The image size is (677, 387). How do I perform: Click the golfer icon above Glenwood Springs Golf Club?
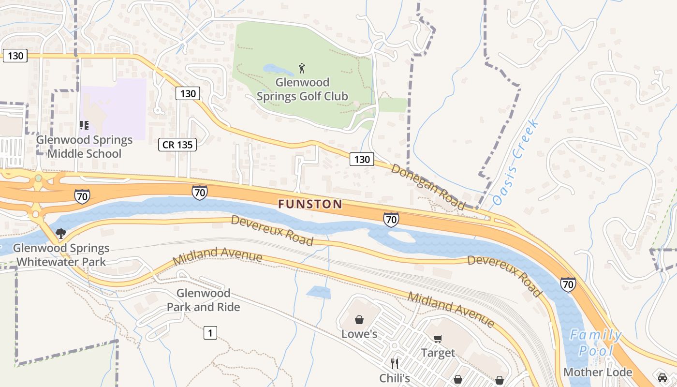click(x=302, y=68)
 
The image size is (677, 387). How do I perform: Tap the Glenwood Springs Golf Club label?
click(x=302, y=89)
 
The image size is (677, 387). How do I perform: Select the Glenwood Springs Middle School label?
click(x=85, y=147)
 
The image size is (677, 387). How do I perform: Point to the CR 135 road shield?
click(x=177, y=144)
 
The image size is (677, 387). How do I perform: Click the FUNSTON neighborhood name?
click(x=310, y=204)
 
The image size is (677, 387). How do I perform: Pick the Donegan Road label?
click(x=428, y=187)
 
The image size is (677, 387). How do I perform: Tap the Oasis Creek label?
click(x=516, y=163)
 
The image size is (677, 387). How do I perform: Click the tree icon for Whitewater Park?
click(x=61, y=234)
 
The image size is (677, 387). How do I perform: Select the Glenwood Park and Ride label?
click(x=204, y=300)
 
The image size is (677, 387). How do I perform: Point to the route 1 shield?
click(x=210, y=333)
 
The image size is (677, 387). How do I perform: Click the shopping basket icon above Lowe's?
click(x=359, y=320)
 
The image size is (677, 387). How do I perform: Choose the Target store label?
click(x=438, y=353)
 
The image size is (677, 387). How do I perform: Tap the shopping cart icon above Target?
click(x=438, y=339)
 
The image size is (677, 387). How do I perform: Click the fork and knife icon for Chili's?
click(x=395, y=363)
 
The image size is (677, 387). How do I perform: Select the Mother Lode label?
click(x=598, y=372)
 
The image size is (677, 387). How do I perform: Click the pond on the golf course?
click(x=274, y=69)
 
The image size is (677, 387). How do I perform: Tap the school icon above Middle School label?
click(x=85, y=126)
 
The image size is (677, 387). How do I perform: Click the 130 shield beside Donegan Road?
click(x=362, y=159)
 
